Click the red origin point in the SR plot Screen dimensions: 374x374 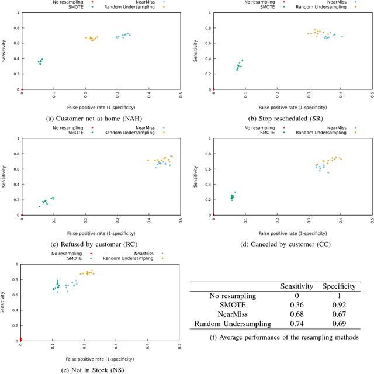tap(213, 89)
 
